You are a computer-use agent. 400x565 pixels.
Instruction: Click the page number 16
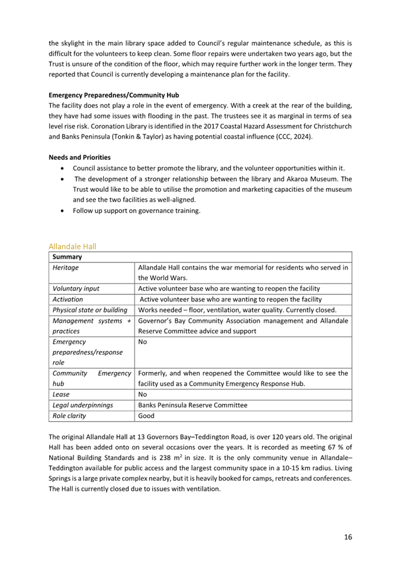(x=347, y=537)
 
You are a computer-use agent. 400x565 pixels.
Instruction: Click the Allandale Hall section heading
(x=72, y=246)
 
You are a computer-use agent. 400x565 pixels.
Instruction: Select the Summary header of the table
(x=67, y=258)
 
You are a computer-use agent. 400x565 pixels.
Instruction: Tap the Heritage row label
(x=66, y=268)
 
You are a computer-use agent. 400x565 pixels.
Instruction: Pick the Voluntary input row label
(x=76, y=288)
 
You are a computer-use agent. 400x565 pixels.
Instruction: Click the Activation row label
(x=68, y=299)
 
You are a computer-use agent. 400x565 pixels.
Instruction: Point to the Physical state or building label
(x=90, y=310)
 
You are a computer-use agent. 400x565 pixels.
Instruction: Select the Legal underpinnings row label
(x=83, y=405)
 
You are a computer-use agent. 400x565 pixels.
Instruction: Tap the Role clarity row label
(x=69, y=416)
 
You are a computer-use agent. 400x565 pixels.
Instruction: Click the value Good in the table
(x=146, y=416)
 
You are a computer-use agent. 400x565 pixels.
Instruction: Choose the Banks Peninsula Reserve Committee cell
(x=193, y=405)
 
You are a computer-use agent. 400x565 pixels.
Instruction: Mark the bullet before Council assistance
(x=63, y=169)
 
